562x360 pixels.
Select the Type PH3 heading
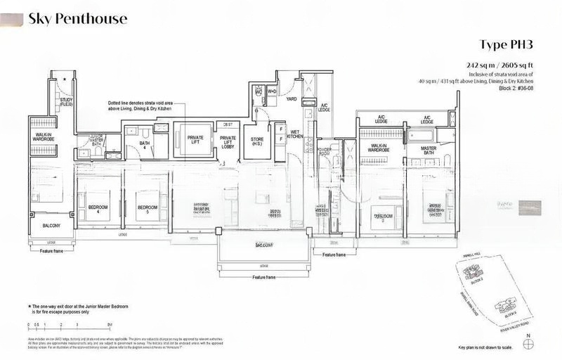pos(507,44)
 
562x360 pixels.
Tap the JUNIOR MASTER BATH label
pos(96,139)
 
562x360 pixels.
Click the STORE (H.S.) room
pos(257,143)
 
